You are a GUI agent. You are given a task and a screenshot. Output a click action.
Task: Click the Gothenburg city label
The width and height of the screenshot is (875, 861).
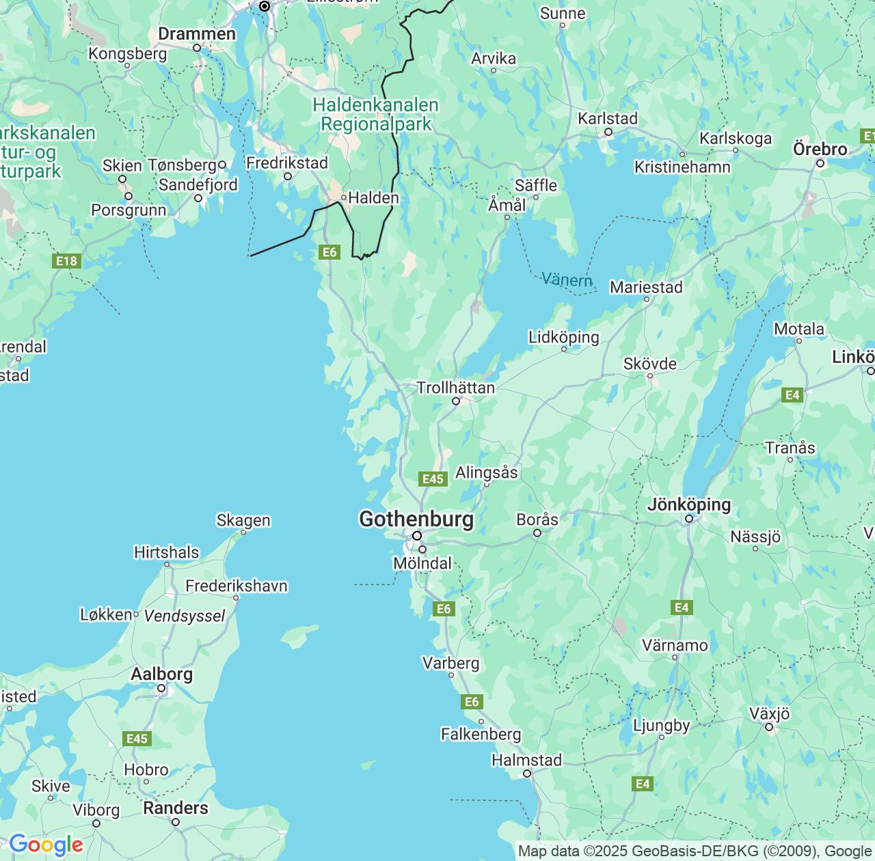click(416, 519)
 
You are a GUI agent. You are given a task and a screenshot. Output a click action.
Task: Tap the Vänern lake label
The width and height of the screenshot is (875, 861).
click(567, 279)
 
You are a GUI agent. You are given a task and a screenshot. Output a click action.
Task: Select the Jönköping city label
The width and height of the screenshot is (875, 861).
click(688, 505)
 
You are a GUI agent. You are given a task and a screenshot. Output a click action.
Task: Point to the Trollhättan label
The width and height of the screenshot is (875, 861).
click(455, 388)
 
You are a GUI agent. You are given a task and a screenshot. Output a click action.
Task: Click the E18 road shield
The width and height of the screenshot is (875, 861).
click(66, 261)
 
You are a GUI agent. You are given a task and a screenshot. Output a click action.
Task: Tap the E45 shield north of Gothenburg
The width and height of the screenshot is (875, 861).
click(433, 479)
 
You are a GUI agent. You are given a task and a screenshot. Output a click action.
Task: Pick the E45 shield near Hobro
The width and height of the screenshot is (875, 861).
click(137, 739)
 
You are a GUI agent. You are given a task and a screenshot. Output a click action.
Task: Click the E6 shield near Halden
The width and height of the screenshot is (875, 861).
click(329, 252)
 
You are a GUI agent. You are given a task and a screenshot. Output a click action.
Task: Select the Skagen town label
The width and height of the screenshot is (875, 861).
click(243, 520)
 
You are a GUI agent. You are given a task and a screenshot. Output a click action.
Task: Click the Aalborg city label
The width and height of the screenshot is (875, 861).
click(161, 674)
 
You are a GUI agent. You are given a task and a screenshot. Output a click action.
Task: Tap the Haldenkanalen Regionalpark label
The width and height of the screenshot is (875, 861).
click(376, 114)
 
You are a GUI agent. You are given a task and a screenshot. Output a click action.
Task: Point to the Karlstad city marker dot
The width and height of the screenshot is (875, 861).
click(608, 133)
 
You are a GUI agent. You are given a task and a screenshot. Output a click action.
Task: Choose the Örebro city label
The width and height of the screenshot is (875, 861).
click(820, 149)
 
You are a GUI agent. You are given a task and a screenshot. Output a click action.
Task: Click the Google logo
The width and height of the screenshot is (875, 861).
click(45, 845)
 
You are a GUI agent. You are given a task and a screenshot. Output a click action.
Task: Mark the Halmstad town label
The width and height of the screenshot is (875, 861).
click(526, 760)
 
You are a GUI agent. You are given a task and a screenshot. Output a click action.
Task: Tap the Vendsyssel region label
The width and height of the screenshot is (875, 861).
click(185, 616)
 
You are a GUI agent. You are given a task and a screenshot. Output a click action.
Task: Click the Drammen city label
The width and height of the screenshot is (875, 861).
click(197, 33)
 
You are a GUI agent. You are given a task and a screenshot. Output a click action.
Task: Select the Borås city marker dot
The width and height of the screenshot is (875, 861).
click(537, 533)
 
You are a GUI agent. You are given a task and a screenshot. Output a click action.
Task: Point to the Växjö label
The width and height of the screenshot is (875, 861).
click(769, 714)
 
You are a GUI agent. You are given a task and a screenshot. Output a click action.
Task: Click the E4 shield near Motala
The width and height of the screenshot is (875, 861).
click(792, 395)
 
